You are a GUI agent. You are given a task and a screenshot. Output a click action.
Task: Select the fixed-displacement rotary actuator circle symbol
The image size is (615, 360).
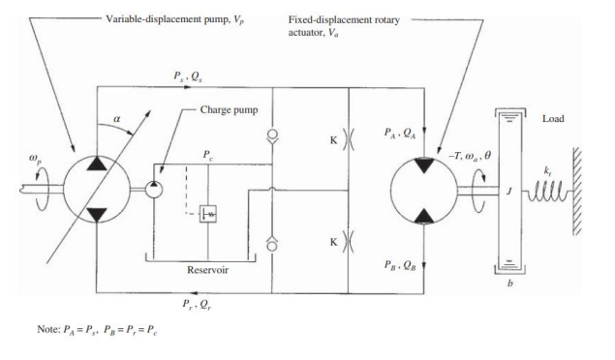(x=423, y=185)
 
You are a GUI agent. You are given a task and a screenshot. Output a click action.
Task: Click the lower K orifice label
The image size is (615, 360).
(x=333, y=236)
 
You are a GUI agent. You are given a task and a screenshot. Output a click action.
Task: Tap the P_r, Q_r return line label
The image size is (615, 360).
(x=197, y=304)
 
